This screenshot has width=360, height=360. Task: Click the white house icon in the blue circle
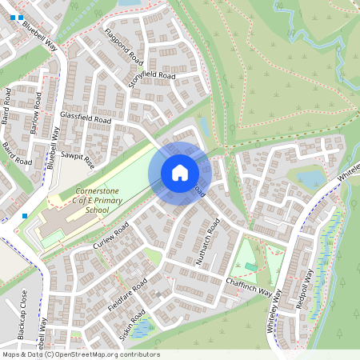tap(180, 173)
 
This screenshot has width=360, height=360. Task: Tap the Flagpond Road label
tap(125, 49)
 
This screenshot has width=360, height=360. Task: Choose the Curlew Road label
tap(110, 235)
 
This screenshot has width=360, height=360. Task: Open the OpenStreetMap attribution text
tap(81, 354)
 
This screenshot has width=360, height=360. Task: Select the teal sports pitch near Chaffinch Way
tap(251, 266)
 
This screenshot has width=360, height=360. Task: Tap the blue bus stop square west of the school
tap(26, 215)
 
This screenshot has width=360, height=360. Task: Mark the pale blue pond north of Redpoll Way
tap(310, 177)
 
